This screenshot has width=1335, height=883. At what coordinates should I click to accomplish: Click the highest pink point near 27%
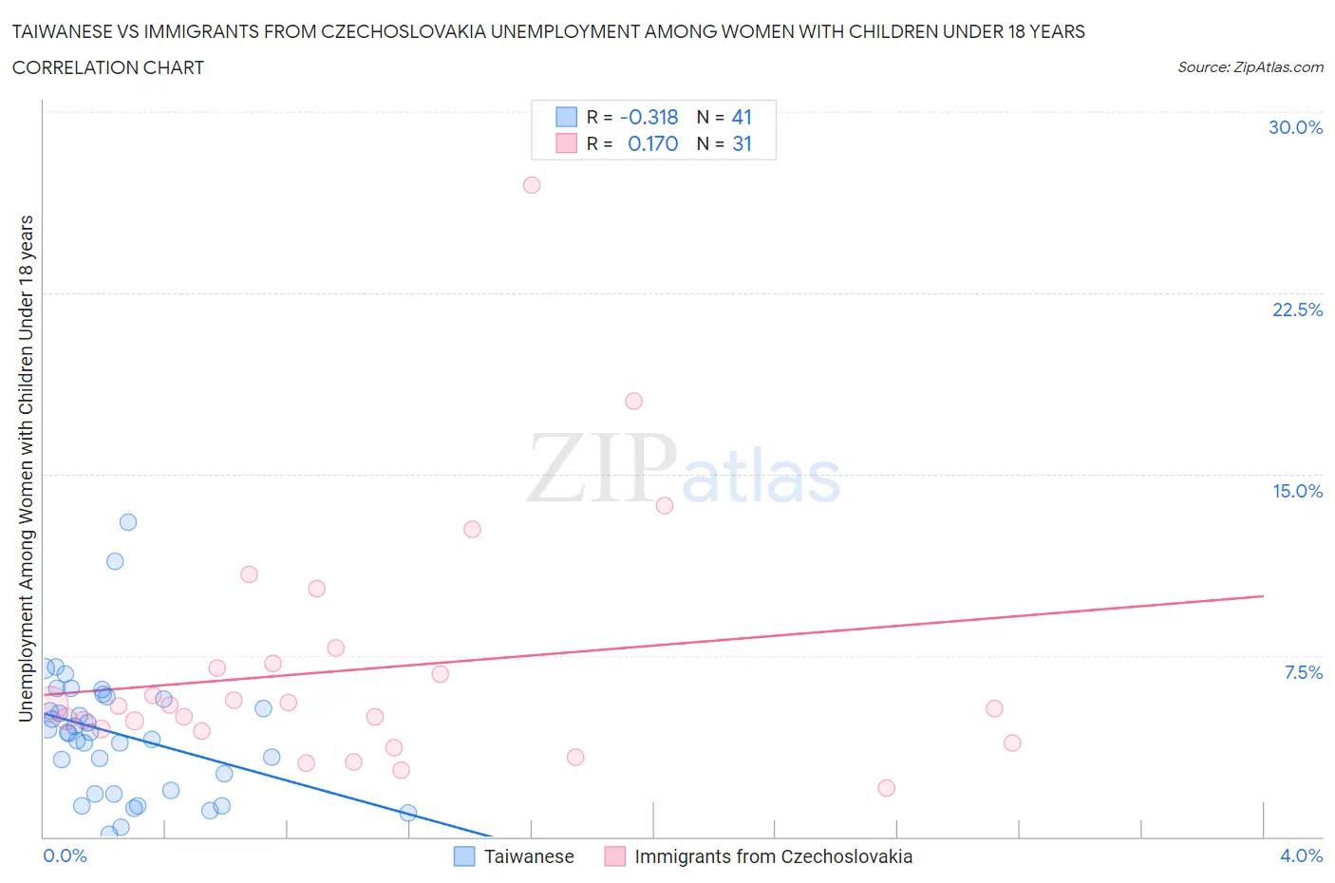click(x=532, y=185)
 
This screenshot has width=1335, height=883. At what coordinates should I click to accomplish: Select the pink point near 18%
click(x=633, y=401)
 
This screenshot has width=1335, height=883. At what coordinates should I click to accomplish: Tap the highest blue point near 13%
click(x=128, y=522)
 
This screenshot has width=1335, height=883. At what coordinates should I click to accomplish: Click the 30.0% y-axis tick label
click(x=1295, y=127)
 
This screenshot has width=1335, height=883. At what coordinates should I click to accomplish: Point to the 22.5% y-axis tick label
click(x=1297, y=310)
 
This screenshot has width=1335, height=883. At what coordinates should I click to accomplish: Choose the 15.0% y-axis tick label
click(x=1297, y=491)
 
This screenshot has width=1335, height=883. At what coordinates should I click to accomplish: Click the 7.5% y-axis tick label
click(x=1303, y=672)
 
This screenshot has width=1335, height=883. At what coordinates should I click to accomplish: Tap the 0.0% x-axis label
click(x=66, y=855)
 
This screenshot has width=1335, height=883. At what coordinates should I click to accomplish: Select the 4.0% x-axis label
click(x=1301, y=855)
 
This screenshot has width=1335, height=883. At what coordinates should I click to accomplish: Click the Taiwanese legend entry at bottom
click(x=528, y=856)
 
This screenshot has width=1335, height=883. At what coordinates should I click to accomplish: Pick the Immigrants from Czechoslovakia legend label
click(x=773, y=856)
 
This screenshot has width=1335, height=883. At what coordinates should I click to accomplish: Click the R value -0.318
click(x=649, y=117)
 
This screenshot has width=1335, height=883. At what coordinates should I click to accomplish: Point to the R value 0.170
click(x=653, y=143)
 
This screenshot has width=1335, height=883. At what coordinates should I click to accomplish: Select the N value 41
click(x=742, y=117)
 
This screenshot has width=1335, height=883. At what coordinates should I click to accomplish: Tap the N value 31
click(x=742, y=143)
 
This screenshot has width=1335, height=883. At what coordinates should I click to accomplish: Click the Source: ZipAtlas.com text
click(x=1250, y=67)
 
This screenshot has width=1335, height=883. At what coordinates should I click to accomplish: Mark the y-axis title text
click(x=26, y=468)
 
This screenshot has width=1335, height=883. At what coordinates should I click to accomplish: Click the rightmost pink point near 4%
click(x=1012, y=742)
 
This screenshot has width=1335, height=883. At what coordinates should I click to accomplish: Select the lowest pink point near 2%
click(x=887, y=788)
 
